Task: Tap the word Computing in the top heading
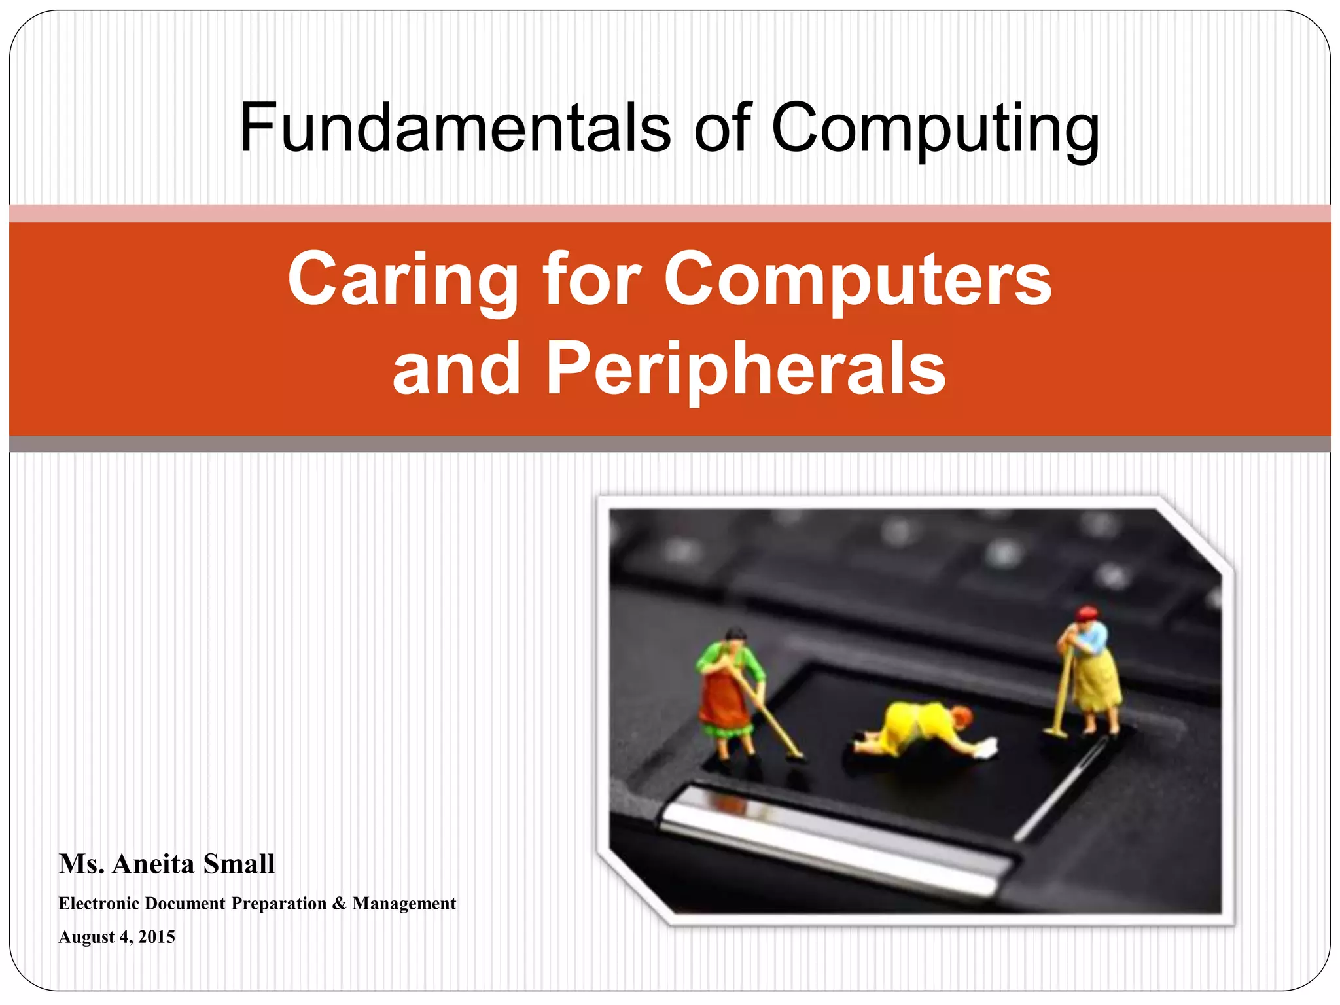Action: pos(936,130)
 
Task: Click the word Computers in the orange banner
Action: pos(858,279)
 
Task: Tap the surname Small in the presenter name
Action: pos(239,864)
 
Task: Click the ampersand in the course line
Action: pos(339,904)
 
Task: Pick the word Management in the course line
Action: pos(404,904)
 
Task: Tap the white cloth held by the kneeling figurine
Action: pos(985,748)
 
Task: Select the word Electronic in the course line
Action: pos(99,904)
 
